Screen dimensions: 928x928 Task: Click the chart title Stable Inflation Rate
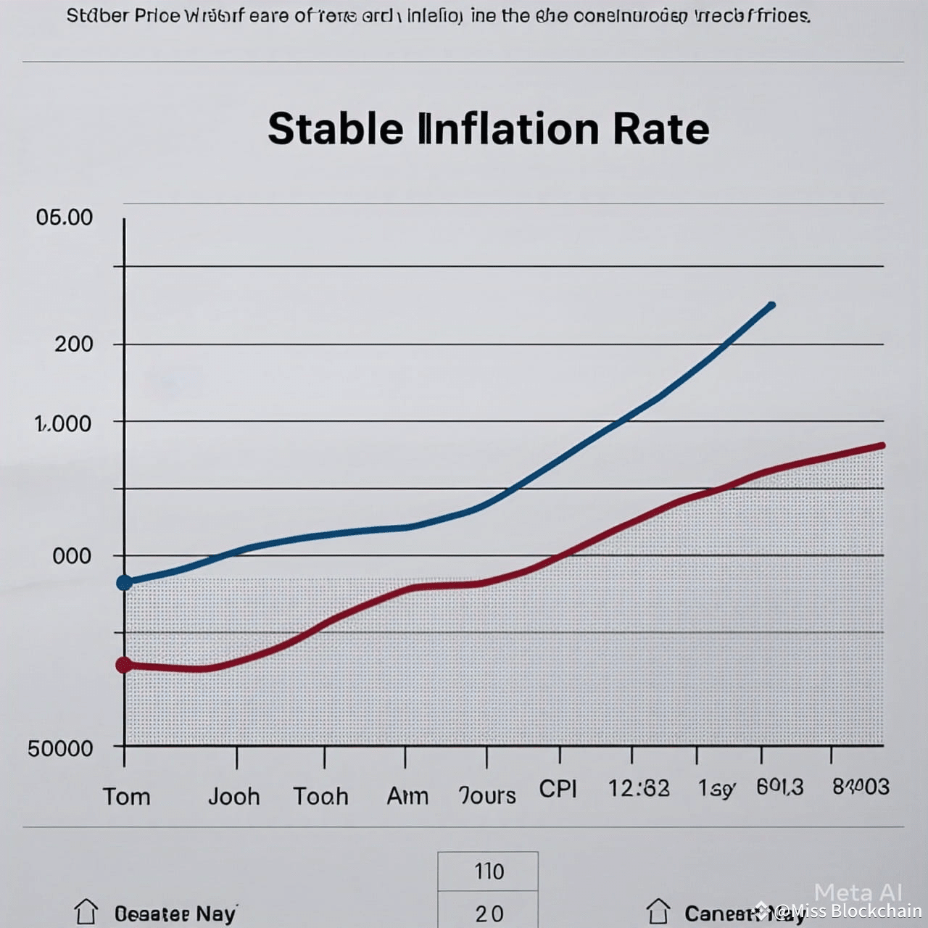click(x=488, y=129)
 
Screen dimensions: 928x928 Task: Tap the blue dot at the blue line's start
click(x=125, y=582)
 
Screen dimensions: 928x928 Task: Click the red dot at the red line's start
click(x=124, y=664)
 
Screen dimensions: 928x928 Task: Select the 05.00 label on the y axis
click(x=65, y=217)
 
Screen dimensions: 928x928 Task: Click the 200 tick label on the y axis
click(x=74, y=344)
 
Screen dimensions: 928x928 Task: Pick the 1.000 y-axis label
click(x=63, y=423)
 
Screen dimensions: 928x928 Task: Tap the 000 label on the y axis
click(x=72, y=556)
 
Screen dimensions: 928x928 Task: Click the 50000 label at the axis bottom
click(x=61, y=748)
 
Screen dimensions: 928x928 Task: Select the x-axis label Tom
click(x=127, y=796)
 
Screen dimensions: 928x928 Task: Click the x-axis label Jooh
click(x=233, y=796)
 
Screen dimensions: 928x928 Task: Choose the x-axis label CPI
click(x=558, y=788)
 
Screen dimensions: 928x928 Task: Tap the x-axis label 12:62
click(x=639, y=788)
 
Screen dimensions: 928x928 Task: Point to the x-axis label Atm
click(x=407, y=796)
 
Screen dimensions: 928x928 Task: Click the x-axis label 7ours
click(x=487, y=795)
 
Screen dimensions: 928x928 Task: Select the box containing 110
click(x=488, y=871)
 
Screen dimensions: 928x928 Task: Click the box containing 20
click(x=488, y=911)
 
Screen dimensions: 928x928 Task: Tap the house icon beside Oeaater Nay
click(x=86, y=911)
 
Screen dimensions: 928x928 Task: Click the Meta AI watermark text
click(x=858, y=892)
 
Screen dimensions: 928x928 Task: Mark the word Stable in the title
click(x=335, y=129)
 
